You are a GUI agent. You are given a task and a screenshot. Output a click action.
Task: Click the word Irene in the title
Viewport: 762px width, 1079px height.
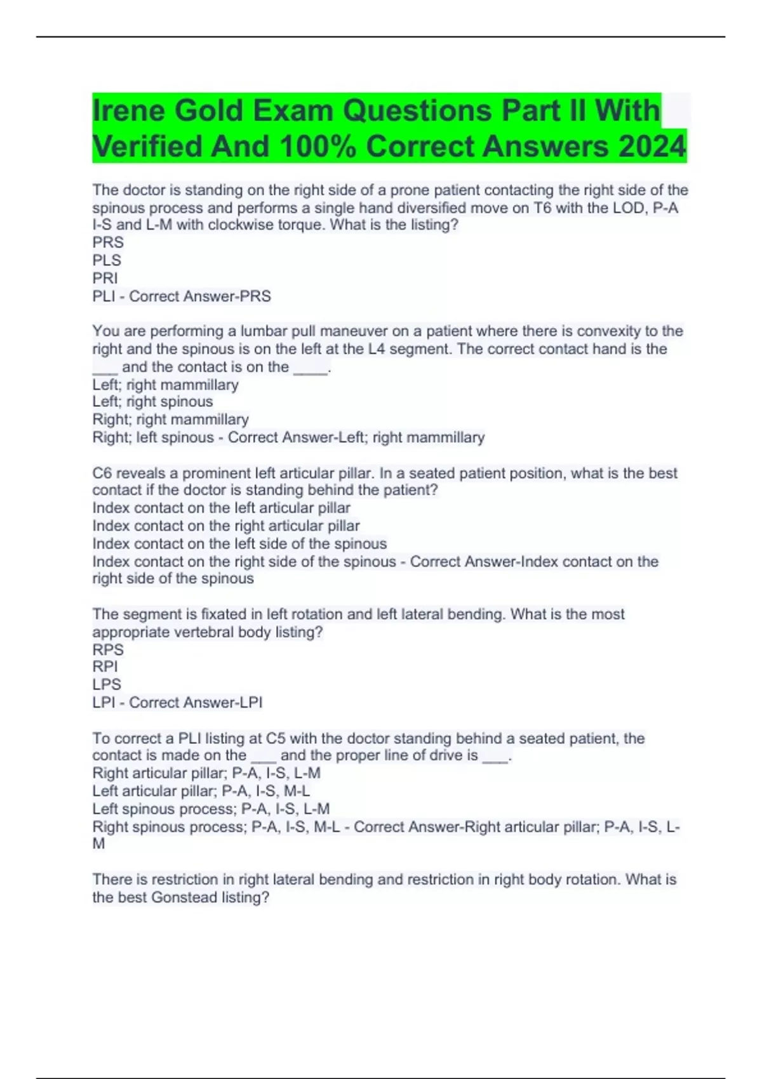click(x=129, y=111)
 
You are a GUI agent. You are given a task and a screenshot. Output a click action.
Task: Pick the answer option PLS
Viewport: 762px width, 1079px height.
click(x=107, y=260)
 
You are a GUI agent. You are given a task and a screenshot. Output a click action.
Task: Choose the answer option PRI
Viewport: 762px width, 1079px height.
click(x=105, y=278)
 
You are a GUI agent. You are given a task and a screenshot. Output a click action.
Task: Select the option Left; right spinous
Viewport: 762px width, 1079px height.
click(x=152, y=402)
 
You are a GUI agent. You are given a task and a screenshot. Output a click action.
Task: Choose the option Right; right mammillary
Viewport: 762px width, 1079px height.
click(x=170, y=420)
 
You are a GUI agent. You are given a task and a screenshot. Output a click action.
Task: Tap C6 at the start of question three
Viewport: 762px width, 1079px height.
click(x=102, y=473)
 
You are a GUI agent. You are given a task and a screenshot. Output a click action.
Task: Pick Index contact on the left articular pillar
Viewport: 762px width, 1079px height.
click(x=221, y=508)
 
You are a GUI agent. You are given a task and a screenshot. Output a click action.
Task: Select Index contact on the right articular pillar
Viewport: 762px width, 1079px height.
click(x=226, y=526)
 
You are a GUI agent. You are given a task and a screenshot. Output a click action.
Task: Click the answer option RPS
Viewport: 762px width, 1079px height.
click(x=108, y=650)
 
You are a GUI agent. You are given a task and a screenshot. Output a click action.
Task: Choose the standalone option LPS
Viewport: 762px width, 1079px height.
click(x=107, y=685)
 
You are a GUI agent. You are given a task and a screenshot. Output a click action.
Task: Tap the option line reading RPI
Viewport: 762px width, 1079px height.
click(x=105, y=667)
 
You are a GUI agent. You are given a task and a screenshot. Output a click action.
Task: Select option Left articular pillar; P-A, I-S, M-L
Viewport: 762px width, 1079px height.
click(x=201, y=791)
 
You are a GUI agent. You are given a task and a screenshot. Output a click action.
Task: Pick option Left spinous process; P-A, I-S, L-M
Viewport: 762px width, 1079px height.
click(x=211, y=809)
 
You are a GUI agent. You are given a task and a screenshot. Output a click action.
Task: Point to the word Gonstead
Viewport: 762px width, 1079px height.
click(x=184, y=897)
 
